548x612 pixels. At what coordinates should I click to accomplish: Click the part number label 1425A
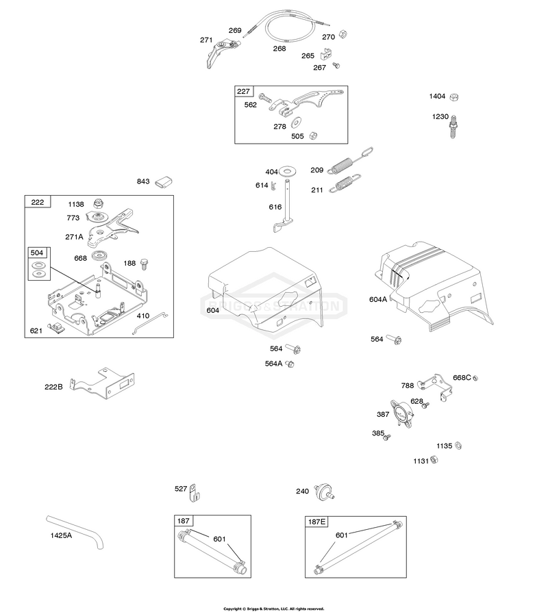pyautogui.click(x=61, y=535)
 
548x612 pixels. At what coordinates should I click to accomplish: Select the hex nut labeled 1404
pyautogui.click(x=453, y=97)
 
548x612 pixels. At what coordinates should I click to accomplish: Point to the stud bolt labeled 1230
pyautogui.click(x=453, y=127)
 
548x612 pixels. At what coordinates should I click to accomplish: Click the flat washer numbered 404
pyautogui.click(x=288, y=170)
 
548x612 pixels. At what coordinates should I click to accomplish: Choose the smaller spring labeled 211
pyautogui.click(x=345, y=183)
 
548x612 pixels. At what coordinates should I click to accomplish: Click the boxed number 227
pyautogui.click(x=243, y=91)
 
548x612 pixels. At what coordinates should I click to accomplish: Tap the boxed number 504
pyautogui.click(x=37, y=253)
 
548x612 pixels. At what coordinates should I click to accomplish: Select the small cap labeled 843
pyautogui.click(x=164, y=182)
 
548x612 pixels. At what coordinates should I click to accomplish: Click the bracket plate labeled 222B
pyautogui.click(x=102, y=383)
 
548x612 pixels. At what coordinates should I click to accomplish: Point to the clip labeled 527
pyautogui.click(x=194, y=493)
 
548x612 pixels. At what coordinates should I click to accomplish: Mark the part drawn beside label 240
pyautogui.click(x=325, y=492)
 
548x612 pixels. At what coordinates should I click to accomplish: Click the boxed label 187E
pyautogui.click(x=316, y=522)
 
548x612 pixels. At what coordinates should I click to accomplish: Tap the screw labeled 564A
pyautogui.click(x=290, y=364)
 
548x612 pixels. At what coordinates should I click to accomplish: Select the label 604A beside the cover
pyautogui.click(x=378, y=299)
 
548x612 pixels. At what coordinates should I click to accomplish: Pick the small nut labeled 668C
pyautogui.click(x=475, y=378)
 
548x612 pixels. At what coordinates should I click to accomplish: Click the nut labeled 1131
pyautogui.click(x=434, y=460)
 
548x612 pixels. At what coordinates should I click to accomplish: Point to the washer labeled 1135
pyautogui.click(x=458, y=446)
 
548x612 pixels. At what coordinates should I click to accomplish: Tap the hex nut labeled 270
pyautogui.click(x=343, y=34)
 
